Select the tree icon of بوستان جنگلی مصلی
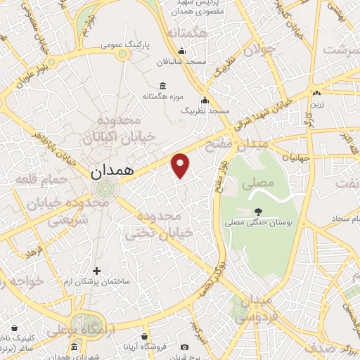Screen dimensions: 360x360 coord(258,210)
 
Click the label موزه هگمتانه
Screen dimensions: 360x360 coord(162,96)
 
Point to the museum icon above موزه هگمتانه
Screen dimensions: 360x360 coord(162,86)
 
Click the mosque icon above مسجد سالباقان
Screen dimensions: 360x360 coord(182,51)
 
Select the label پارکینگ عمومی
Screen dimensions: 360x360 coord(122,45)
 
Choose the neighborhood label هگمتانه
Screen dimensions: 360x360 coord(184,33)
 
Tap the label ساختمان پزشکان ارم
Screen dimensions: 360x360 coord(98,282)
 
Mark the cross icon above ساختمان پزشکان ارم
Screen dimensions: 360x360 coord(97,271)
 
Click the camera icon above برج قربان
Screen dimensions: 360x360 coord(184,347)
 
